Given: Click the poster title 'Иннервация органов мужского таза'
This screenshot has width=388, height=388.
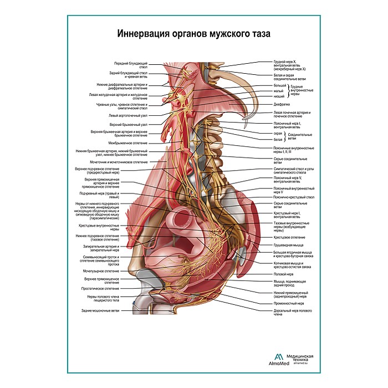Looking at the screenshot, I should pos(194,33).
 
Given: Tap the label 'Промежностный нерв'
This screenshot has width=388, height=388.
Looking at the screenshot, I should pos(288,303).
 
